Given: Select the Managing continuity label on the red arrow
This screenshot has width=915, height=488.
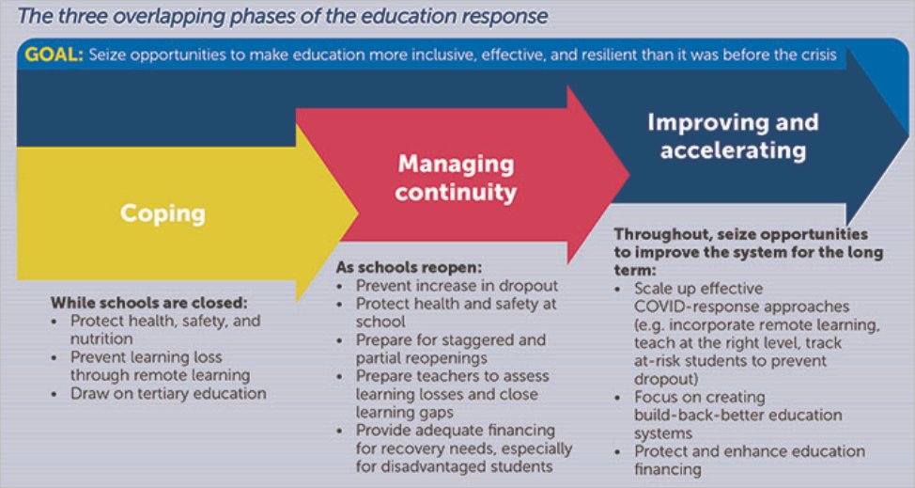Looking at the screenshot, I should (456, 178).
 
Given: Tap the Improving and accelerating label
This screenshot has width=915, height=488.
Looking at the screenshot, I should (733, 136).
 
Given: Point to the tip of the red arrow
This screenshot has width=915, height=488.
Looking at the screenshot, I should (627, 172).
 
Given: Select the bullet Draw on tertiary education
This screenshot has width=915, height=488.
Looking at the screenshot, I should (168, 393).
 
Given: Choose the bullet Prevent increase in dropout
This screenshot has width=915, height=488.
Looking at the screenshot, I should (457, 286).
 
